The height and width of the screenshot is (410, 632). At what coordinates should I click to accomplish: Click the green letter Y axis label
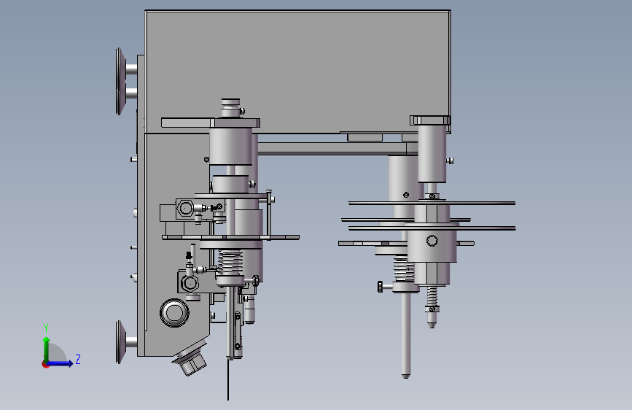point(46,328)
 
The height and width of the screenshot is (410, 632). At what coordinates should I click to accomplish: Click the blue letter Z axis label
point(78,359)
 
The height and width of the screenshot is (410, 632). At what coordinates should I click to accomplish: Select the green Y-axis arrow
point(47,350)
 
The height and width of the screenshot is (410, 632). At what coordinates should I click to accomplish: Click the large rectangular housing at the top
point(298,71)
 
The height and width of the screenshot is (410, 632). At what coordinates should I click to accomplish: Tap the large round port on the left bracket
point(174,312)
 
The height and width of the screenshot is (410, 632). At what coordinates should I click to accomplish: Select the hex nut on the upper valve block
point(186,208)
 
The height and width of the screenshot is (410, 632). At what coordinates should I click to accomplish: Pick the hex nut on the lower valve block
point(189,283)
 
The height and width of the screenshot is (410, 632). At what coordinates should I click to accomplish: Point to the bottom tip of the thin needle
point(228,400)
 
